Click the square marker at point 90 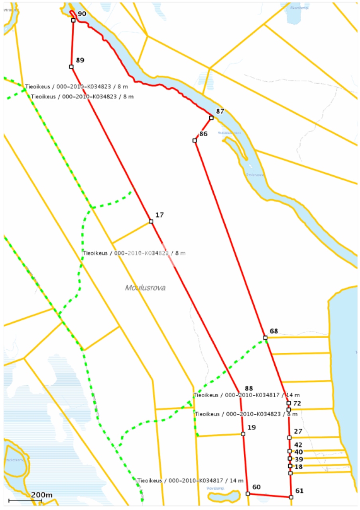73,20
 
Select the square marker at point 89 71,67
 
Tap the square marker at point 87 211,118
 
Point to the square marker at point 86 195,140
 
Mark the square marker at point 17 151,222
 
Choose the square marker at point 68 265,338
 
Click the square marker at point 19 243,434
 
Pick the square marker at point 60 248,494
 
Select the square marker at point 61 291,497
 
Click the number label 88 249,388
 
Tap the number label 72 297,404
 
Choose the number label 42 298,445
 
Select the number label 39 299,459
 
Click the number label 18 298,466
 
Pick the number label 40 299,452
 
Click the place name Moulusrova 145,288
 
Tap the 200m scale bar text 41,495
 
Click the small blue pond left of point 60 224,496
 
